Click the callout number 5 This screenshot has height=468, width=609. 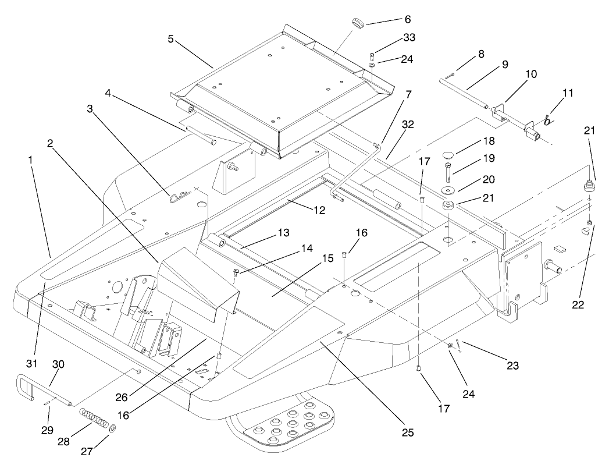pos(170,40)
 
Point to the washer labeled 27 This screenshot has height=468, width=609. pos(112,429)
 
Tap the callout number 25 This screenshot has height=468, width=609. pos(407,432)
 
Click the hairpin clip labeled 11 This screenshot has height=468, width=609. pos(547,120)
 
